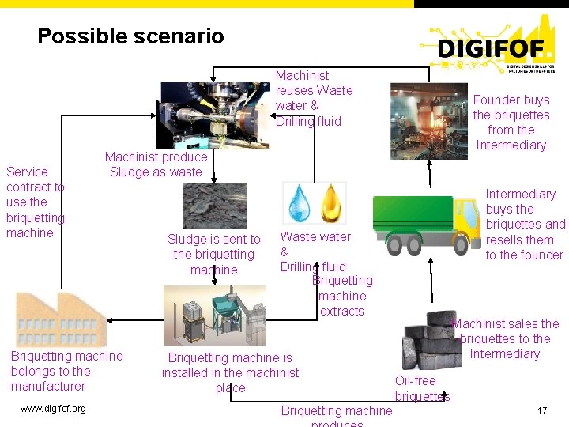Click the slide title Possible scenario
point(130,36)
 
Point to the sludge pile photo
point(214,206)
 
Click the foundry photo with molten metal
point(428,121)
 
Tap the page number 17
point(542,411)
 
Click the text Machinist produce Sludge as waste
point(156,164)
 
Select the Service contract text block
point(35,202)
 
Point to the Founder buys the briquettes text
point(511,123)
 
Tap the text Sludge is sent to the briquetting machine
point(213,254)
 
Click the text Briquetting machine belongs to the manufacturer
point(66,371)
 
